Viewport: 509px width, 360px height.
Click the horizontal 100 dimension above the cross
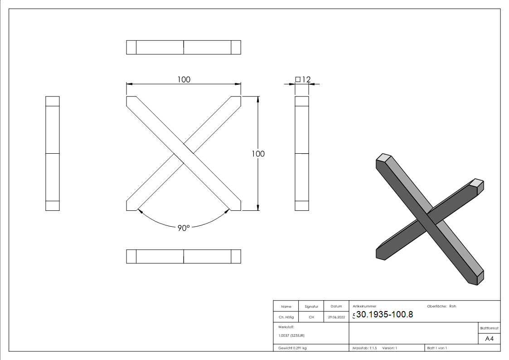(184, 79)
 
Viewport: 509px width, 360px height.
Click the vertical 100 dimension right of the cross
(258, 154)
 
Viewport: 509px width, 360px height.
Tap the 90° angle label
(183, 229)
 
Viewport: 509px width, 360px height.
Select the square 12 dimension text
(303, 80)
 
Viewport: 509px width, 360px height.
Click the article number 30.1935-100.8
(384, 314)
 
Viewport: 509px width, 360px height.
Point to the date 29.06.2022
(336, 317)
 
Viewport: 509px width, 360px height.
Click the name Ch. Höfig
(286, 317)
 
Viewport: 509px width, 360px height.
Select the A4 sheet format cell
(489, 339)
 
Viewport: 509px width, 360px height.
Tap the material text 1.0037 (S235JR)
(291, 335)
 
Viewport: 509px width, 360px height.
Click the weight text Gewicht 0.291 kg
(292, 348)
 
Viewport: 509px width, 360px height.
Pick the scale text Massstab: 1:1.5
(364, 348)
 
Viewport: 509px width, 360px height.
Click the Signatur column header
(311, 306)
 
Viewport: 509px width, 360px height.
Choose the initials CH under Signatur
(311, 317)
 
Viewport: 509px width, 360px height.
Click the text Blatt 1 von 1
(437, 348)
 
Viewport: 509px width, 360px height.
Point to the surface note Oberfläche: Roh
(441, 306)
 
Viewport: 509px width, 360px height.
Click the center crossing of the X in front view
(184, 154)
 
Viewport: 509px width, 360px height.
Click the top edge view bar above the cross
(184, 48)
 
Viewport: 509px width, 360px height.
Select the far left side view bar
(53, 154)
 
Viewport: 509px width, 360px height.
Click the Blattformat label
(489, 328)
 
